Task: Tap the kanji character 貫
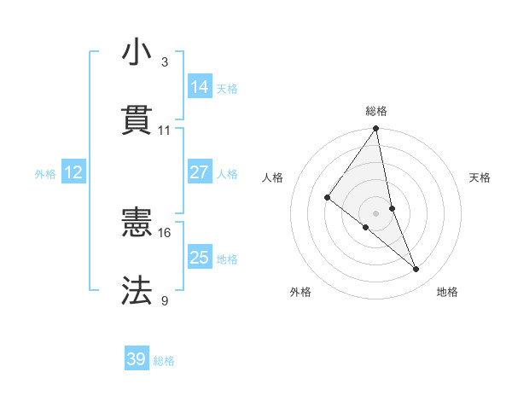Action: click(137, 120)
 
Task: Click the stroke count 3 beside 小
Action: click(164, 62)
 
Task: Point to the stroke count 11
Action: click(165, 131)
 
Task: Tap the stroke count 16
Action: click(165, 232)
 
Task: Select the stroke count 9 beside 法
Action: click(164, 300)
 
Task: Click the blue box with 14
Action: click(200, 86)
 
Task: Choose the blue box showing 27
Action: click(200, 172)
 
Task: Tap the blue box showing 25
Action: click(200, 257)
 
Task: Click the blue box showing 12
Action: click(73, 172)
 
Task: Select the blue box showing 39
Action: click(137, 359)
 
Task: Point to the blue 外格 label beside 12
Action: click(45, 174)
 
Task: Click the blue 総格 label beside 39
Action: click(165, 361)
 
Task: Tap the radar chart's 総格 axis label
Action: click(376, 111)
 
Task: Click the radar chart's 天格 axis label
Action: click(480, 177)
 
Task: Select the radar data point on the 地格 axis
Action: click(416, 270)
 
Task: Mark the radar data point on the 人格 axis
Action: click(327, 197)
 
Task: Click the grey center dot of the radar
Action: click(376, 212)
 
